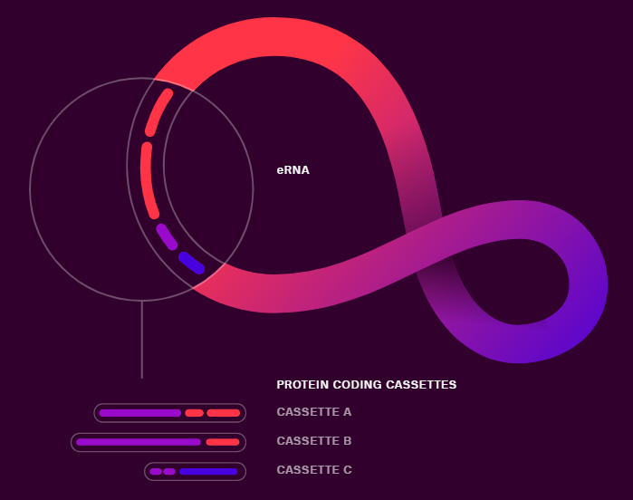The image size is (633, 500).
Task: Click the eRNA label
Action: [x=293, y=170]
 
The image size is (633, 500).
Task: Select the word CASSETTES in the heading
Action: [x=421, y=385]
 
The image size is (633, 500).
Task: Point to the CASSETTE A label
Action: [x=313, y=412]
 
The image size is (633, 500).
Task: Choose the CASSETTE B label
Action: [x=313, y=441]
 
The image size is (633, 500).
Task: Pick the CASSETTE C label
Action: [x=313, y=470]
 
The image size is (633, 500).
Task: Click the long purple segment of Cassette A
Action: [x=140, y=413]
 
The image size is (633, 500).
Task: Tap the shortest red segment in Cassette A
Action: [x=194, y=413]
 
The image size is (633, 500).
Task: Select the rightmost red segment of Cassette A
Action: [x=223, y=413]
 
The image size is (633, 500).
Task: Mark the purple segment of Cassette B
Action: [x=139, y=442]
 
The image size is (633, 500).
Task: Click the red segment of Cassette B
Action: [x=222, y=442]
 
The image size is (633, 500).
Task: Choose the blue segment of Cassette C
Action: [x=207, y=471]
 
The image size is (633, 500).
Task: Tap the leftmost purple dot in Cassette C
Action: [x=156, y=471]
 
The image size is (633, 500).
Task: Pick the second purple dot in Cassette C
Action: [x=169, y=471]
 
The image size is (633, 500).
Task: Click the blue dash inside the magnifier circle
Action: [x=191, y=263]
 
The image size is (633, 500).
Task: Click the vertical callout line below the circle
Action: [x=141, y=340]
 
